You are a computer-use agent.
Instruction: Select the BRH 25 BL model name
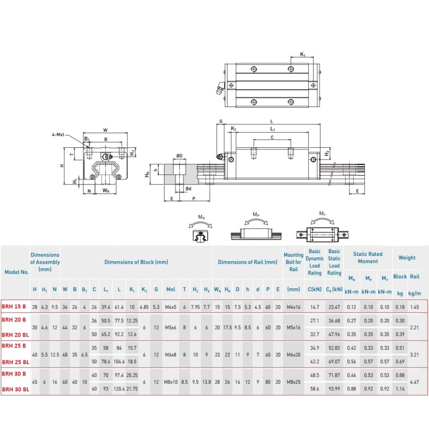click(15, 362)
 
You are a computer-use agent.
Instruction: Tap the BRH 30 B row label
click(14, 374)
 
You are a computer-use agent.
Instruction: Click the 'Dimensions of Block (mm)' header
click(136, 262)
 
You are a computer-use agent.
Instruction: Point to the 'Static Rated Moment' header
click(368, 258)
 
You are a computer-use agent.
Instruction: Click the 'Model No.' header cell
click(16, 272)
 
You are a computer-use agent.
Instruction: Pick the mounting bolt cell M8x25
click(294, 381)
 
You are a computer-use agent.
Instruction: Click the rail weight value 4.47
click(415, 381)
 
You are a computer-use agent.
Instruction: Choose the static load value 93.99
click(334, 389)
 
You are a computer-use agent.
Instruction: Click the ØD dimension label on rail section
click(179, 156)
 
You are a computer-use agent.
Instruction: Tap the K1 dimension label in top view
click(303, 55)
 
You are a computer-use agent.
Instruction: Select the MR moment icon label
click(201, 217)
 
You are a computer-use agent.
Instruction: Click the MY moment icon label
click(322, 214)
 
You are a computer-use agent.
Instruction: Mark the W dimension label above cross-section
click(105, 130)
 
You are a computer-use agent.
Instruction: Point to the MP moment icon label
click(256, 215)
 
